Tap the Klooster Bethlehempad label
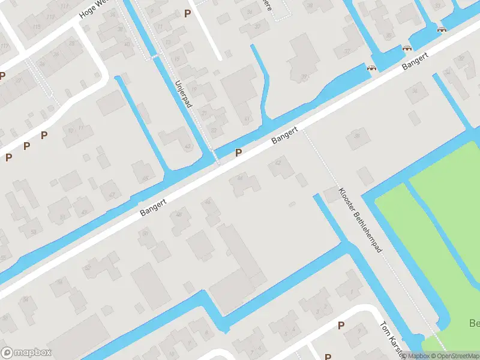[x=361, y=220]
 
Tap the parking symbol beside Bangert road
[x=239, y=153]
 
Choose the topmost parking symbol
[x=188, y=13]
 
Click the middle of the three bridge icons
[x=407, y=48]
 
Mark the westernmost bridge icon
[x=371, y=68]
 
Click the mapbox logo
[x=26, y=353]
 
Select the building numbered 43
[x=188, y=146]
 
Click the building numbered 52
[x=88, y=268]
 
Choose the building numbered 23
[x=214, y=131]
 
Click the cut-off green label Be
[x=473, y=324]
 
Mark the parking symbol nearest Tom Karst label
[x=341, y=325]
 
